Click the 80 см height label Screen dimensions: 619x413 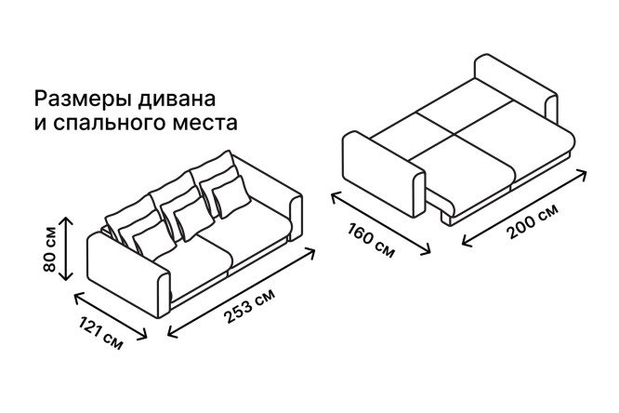pyautogui.click(x=50, y=249)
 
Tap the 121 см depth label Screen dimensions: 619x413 pyautogui.click(x=100, y=333)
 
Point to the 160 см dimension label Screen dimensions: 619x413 pyautogui.click(x=371, y=240)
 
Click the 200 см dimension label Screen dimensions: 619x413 pyautogui.click(x=533, y=220)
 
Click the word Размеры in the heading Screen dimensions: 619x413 pyautogui.click(x=83, y=100)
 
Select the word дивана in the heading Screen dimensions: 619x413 pyautogui.click(x=177, y=100)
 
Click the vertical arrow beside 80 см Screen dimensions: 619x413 pyautogui.click(x=67, y=248)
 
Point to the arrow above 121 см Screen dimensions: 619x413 pyautogui.click(x=111, y=315)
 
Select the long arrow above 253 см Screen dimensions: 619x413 pyautogui.click(x=242, y=292)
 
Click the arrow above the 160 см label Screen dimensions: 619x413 pyautogui.click(x=380, y=223)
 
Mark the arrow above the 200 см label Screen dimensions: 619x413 pyautogui.click(x=524, y=207)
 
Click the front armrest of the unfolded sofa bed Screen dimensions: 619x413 pyautogui.click(x=384, y=174)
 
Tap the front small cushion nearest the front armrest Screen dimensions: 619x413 pyautogui.click(x=154, y=239)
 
